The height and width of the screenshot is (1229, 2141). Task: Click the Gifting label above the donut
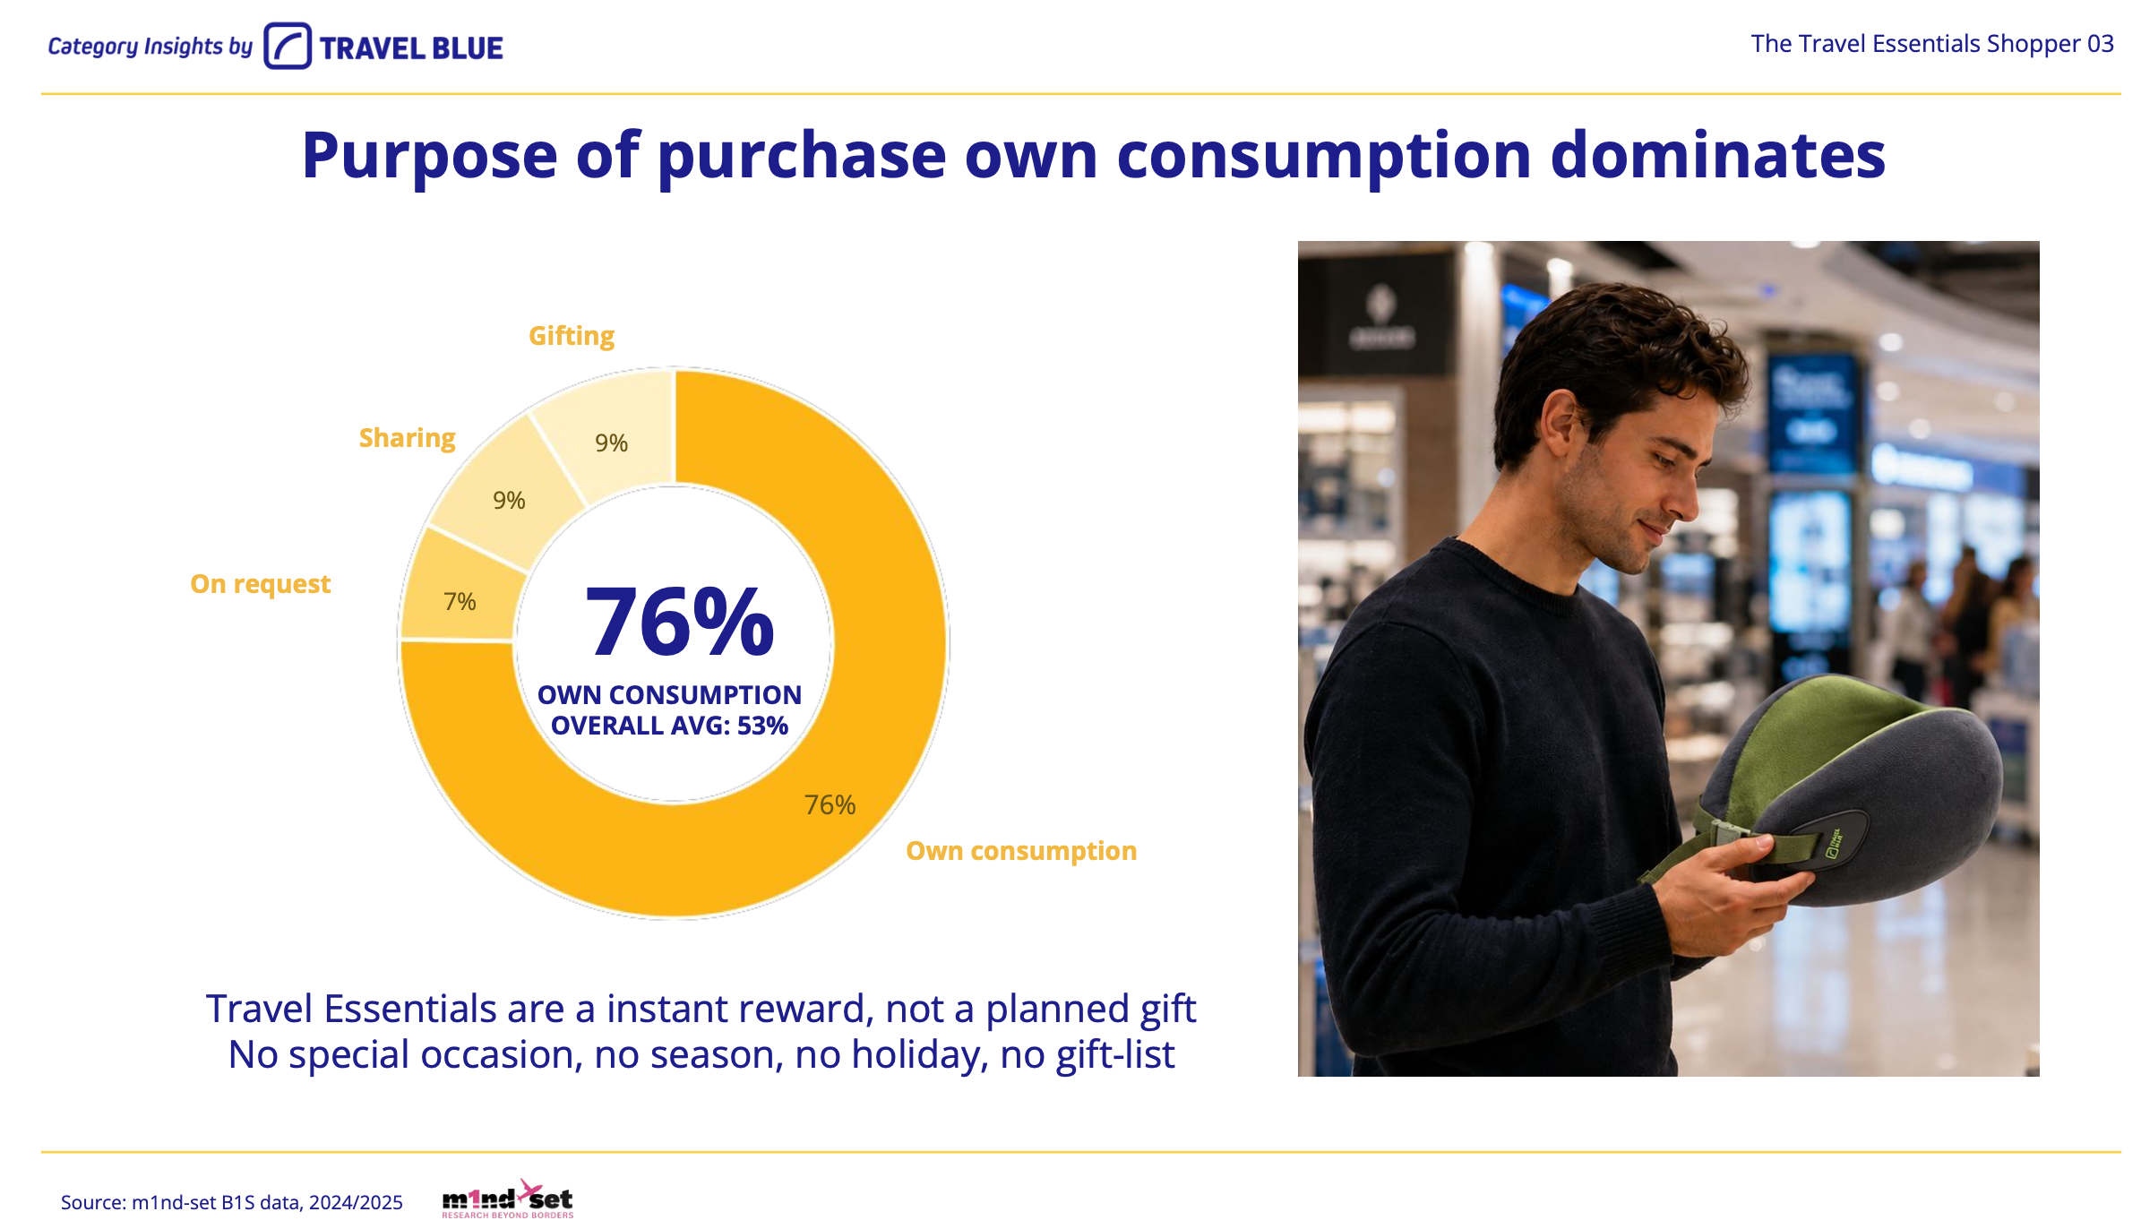point(572,337)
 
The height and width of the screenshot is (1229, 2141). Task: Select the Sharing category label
point(408,438)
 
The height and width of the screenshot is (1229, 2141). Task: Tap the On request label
point(261,584)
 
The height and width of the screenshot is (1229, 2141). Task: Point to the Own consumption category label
point(1021,851)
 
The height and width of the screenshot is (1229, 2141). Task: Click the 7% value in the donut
point(460,601)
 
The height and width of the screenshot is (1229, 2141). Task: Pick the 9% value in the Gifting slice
point(612,443)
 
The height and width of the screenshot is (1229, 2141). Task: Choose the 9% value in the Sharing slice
point(509,500)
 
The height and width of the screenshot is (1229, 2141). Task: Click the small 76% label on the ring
point(830,804)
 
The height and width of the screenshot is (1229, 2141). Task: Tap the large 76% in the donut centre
point(679,621)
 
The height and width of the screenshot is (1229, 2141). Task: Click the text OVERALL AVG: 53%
point(669,726)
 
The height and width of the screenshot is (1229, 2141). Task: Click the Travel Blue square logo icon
point(288,46)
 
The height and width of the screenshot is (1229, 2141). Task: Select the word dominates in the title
point(1717,156)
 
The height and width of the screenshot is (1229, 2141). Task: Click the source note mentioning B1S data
point(231,1202)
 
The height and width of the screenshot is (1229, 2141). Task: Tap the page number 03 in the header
point(2101,44)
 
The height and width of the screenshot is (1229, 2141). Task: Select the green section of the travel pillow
point(1819,735)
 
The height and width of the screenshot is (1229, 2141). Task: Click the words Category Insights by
point(150,47)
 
